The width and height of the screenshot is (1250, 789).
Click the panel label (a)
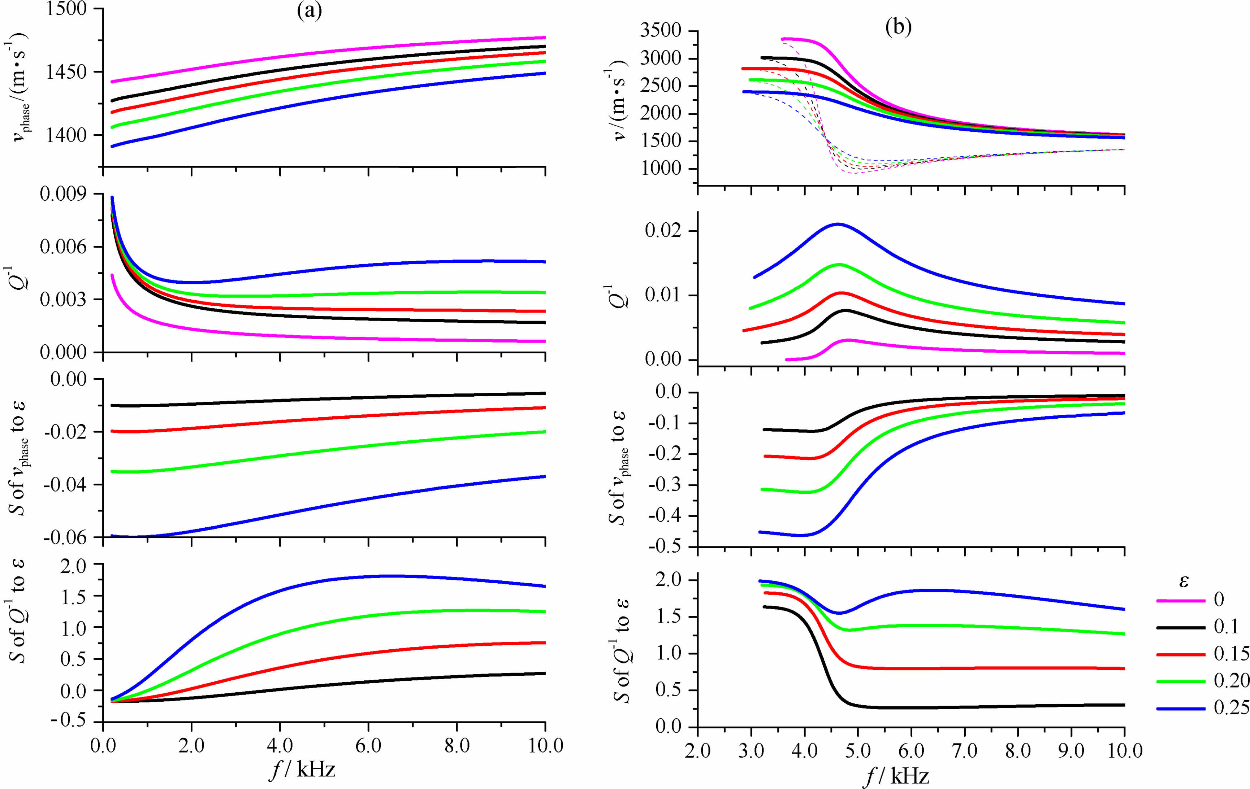pyautogui.click(x=310, y=11)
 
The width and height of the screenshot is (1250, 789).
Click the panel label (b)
pyautogui.click(x=899, y=27)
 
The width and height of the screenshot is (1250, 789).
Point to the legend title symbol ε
pyautogui.click(x=1184, y=580)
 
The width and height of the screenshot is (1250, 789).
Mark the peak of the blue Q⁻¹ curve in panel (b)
pyautogui.click(x=837, y=224)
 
